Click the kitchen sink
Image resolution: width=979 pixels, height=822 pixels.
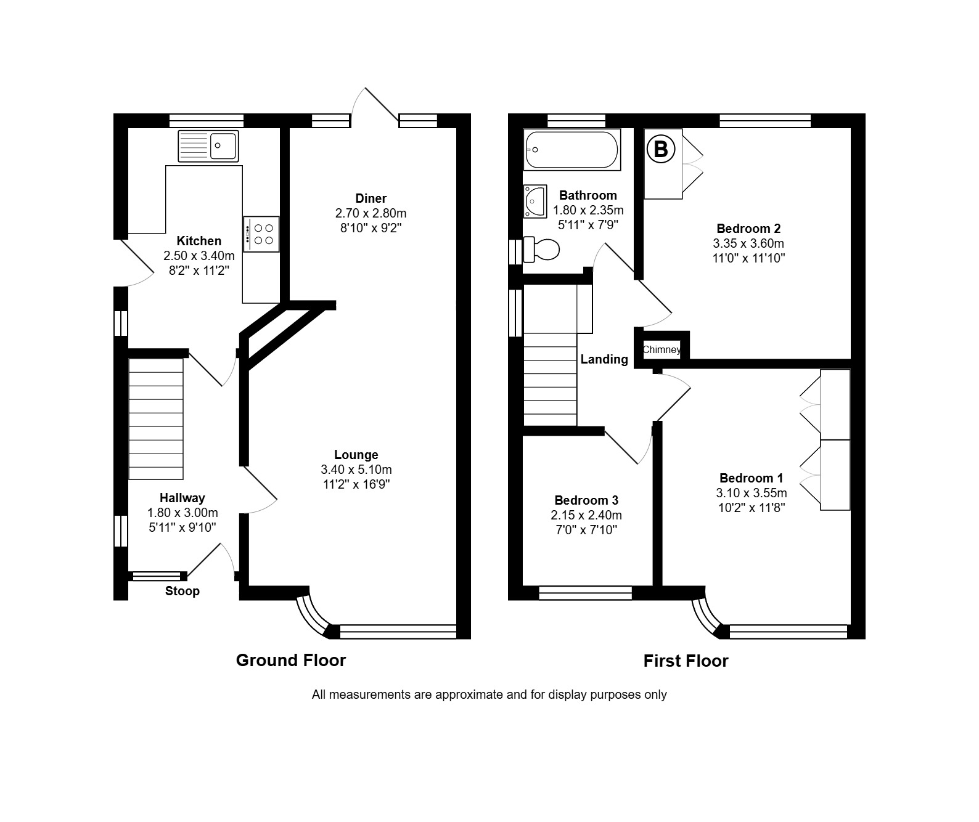[x=208, y=146]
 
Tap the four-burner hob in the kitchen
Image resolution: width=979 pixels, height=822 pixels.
[x=261, y=234]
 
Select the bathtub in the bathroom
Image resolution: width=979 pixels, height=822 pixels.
[x=572, y=150]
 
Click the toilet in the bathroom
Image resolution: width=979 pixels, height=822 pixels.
[x=541, y=249]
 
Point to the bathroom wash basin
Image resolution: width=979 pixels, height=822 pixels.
[x=535, y=201]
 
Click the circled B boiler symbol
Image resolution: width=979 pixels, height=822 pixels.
[x=661, y=150]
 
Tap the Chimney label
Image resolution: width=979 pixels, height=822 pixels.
[x=662, y=349]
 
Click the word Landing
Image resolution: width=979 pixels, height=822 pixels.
[x=604, y=359]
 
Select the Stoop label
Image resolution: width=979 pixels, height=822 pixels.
[x=182, y=592]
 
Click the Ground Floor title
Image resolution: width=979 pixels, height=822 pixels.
[x=291, y=661]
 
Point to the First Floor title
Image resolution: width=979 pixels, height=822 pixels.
[x=686, y=661]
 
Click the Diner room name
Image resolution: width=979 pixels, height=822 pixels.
[x=371, y=198]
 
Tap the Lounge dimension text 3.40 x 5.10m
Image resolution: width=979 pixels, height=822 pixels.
[x=356, y=470]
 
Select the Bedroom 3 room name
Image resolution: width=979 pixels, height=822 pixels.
[x=586, y=500]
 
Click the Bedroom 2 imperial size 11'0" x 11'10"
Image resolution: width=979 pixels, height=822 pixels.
[x=749, y=258]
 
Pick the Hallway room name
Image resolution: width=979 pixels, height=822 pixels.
[x=182, y=498]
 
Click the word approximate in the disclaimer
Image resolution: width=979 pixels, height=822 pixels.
[x=469, y=695]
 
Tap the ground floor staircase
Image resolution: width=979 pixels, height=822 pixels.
[x=155, y=419]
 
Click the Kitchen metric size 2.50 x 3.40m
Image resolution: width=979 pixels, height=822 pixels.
[x=199, y=256]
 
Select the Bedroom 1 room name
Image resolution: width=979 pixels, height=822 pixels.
[x=752, y=479]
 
